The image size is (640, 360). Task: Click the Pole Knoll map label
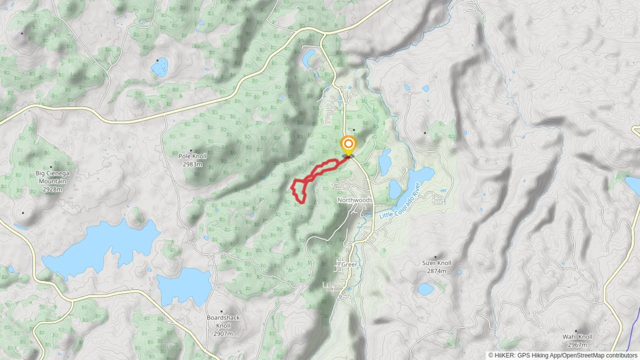tap(192, 156)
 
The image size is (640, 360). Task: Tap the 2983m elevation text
tap(192, 164)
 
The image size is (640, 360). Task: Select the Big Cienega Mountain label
tap(52, 177)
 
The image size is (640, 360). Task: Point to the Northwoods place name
tap(355, 200)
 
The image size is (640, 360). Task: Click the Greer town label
tap(349, 264)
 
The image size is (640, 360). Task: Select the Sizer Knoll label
tap(437, 263)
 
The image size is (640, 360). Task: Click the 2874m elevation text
tap(437, 271)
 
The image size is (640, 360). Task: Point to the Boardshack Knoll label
tap(223, 322)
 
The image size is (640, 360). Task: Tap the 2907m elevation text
tap(223, 334)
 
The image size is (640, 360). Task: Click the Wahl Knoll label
tap(578, 337)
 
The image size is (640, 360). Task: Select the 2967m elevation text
tap(578, 345)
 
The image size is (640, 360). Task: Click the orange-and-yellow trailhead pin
tap(348, 145)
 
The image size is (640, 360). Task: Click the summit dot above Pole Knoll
tap(191, 151)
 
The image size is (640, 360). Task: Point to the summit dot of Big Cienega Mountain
tap(51, 167)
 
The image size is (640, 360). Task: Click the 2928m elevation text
tap(52, 189)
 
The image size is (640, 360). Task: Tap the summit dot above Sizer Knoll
tap(435, 257)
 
